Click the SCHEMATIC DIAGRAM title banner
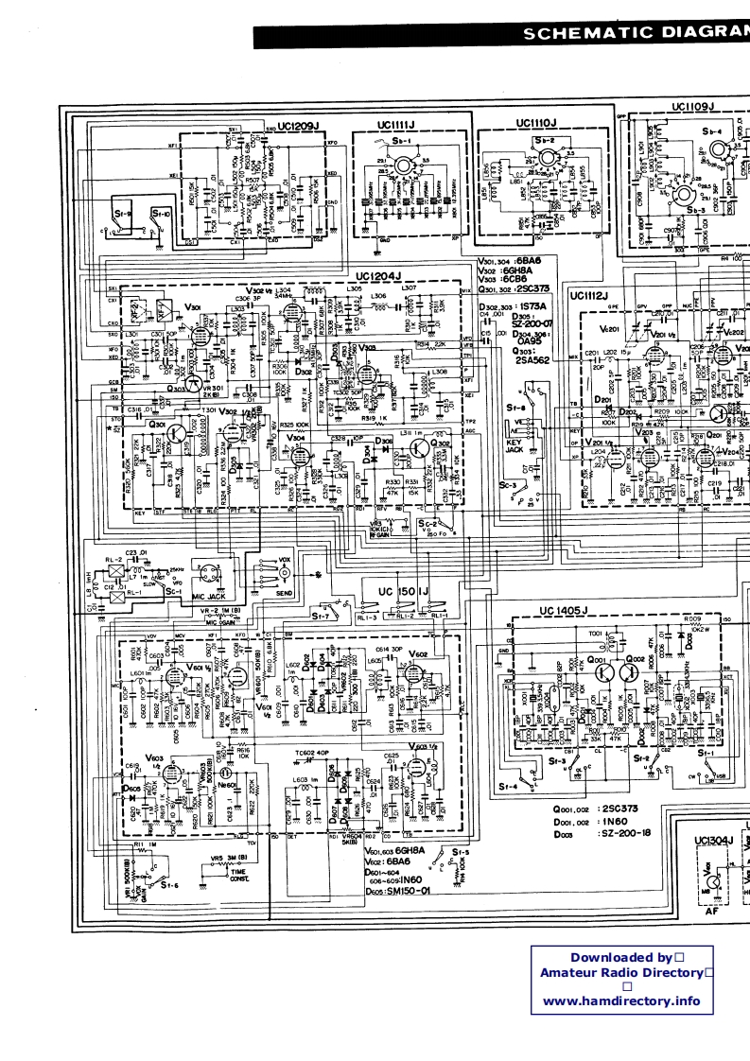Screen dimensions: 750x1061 [x=634, y=34]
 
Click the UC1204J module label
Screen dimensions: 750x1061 [x=379, y=275]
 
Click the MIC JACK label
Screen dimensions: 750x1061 [x=212, y=598]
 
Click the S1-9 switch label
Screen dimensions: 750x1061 [x=121, y=215]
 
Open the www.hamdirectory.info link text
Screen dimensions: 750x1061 [x=621, y=1000]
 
